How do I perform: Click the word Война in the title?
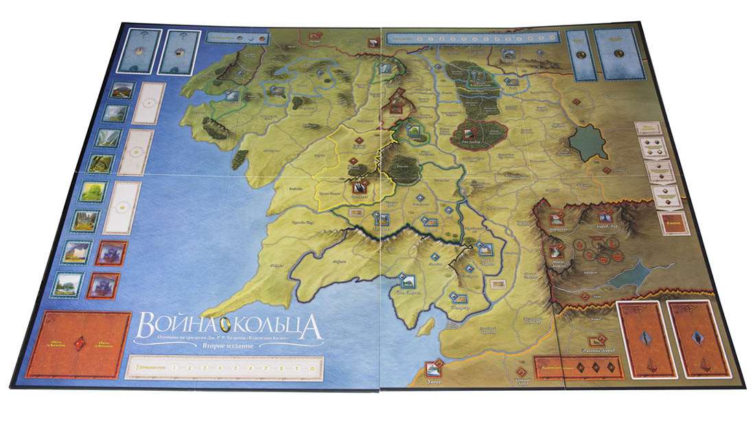(x=167, y=324)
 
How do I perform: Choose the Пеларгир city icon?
(x=456, y=296)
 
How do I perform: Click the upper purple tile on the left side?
(x=111, y=252)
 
